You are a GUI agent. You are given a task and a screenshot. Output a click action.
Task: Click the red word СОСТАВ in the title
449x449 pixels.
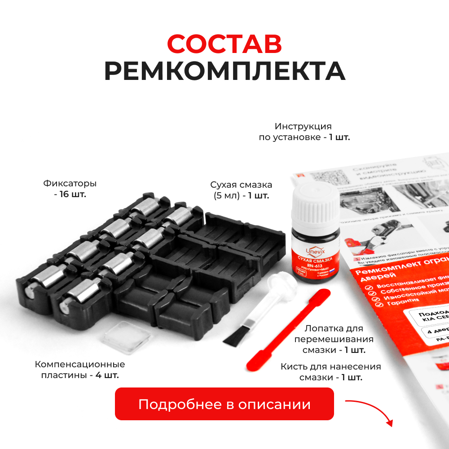[224, 44]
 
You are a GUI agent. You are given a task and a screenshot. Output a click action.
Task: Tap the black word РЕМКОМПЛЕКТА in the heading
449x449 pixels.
[224, 71]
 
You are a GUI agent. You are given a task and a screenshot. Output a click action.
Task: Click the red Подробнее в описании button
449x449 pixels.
[224, 404]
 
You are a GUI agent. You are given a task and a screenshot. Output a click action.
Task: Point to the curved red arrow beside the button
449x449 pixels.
[370, 410]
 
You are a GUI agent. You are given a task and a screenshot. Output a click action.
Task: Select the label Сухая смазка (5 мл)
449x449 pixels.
[241, 190]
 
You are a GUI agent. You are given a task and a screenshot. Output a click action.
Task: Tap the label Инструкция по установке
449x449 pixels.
[304, 132]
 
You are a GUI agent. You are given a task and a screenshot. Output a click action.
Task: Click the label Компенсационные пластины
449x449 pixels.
[80, 370]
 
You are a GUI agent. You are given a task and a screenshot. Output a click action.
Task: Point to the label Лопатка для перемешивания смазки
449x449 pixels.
[334, 339]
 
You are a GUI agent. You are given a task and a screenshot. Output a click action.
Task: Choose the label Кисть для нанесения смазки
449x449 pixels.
[331, 372]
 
